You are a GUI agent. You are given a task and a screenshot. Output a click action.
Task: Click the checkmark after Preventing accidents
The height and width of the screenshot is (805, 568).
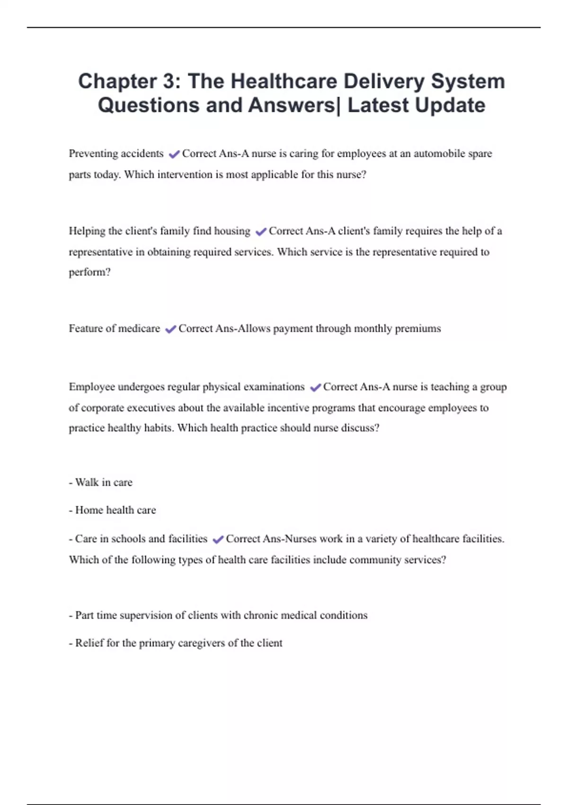click(x=174, y=154)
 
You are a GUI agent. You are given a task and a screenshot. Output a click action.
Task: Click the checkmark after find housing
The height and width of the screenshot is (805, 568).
click(x=260, y=232)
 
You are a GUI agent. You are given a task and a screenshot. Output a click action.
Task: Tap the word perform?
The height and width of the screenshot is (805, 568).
click(x=89, y=272)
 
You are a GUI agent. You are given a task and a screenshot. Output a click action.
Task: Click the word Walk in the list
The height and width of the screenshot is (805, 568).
click(x=87, y=483)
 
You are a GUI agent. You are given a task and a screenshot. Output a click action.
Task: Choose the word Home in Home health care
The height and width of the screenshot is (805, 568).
click(x=89, y=510)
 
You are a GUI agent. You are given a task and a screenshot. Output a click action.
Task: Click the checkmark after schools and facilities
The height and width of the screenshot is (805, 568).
click(x=218, y=539)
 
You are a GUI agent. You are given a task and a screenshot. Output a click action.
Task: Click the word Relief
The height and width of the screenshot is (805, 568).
click(x=89, y=643)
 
